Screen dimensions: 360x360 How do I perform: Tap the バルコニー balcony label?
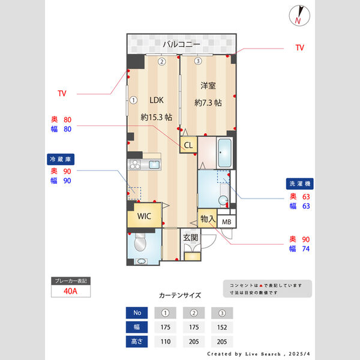[180, 44]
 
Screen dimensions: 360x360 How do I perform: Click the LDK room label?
[157, 100]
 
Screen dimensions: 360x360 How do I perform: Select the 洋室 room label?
[208, 86]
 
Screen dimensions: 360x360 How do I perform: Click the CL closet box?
[188, 145]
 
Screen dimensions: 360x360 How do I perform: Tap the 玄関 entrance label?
[190, 238]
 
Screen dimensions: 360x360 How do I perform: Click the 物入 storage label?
[208, 219]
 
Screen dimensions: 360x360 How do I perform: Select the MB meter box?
[226, 221]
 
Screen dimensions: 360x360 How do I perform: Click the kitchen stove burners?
[134, 164]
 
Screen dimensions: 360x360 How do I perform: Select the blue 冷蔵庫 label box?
[61, 160]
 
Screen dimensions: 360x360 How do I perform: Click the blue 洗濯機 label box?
[299, 184]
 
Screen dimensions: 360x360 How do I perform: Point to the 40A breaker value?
[71, 292]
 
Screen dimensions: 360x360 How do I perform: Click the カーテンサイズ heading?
[180, 295]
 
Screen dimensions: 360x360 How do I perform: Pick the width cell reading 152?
[221, 328]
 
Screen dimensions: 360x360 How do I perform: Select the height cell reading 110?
[165, 342]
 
